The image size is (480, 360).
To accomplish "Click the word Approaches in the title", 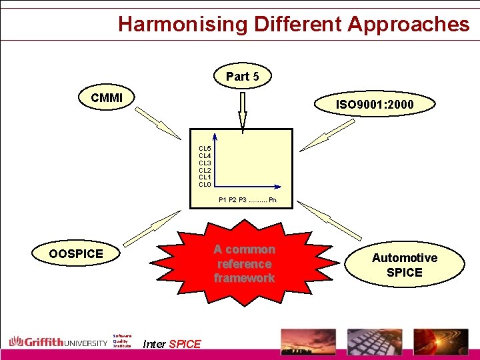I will tap(408, 24).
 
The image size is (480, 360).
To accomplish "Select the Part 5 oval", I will tap(242, 77).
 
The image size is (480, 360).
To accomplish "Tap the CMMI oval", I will tap(107, 98).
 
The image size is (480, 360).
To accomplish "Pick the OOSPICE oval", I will tap(76, 253).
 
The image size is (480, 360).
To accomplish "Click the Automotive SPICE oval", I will tap(404, 265).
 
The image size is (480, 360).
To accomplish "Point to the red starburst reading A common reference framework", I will tap(244, 263).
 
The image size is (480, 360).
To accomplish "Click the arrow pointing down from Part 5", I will tap(243, 109).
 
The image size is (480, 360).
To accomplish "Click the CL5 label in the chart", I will tap(205, 148).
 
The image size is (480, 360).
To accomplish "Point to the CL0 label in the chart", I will tap(205, 185).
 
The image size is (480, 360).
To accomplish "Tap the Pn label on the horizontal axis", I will tap(273, 199).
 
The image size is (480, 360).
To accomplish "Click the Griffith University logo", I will tap(58, 342).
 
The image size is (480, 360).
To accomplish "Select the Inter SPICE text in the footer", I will tap(171, 344).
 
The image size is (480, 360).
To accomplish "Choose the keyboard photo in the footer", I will tap(374, 342).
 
